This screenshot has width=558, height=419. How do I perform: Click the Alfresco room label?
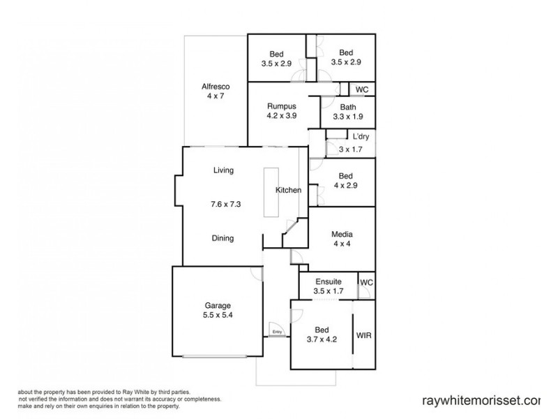click(216, 86)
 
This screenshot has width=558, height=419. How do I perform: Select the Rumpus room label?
click(282, 106)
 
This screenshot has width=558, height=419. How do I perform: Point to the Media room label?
click(342, 235)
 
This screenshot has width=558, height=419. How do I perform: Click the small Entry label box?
click(277, 332)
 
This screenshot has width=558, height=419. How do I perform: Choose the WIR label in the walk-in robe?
click(363, 335)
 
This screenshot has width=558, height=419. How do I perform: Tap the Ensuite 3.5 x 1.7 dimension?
click(327, 291)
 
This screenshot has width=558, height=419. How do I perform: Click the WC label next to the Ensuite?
click(366, 282)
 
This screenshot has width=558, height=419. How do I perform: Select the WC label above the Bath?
click(362, 90)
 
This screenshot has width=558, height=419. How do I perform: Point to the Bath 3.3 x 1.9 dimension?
click(347, 117)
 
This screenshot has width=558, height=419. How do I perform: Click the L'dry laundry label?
click(361, 137)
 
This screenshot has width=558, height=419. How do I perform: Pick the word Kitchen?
click(288, 190)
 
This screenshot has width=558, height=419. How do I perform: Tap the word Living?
click(223, 170)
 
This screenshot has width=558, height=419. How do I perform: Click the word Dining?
click(223, 238)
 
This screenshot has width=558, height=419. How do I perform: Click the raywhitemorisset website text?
click(481, 401)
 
